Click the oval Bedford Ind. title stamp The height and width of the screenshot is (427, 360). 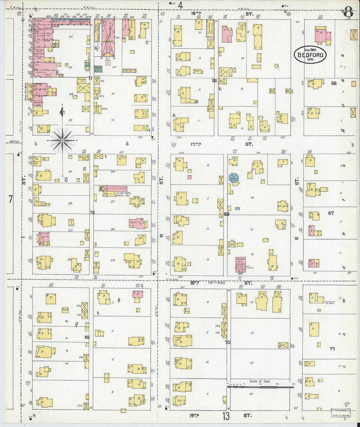click(x=310, y=54)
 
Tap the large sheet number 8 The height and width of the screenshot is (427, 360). click(x=348, y=13)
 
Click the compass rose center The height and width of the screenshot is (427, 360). click(x=62, y=140)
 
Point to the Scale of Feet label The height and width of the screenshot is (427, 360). click(x=260, y=381)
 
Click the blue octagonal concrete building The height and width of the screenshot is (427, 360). click(x=234, y=178)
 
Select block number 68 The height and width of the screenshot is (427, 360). click(x=226, y=215)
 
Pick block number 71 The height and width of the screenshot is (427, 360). click(x=332, y=349)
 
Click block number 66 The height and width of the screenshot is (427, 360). click(x=333, y=83)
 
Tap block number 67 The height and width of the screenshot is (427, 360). click(x=331, y=213)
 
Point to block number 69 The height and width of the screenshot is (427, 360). click(x=87, y=337)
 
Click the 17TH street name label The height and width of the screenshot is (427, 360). click(x=196, y=144)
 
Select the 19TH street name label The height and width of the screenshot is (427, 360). click(x=194, y=415)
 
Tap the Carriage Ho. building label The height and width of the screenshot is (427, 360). click(x=81, y=80)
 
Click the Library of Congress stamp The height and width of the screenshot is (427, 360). click(x=340, y=413)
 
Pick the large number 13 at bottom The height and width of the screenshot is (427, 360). click(x=226, y=416)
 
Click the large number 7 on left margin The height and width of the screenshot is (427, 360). click(x=10, y=199)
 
